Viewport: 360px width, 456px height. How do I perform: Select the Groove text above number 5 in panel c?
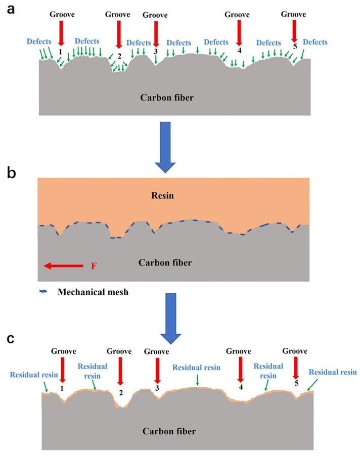pos(295,351)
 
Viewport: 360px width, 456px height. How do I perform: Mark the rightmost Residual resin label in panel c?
pos(333,372)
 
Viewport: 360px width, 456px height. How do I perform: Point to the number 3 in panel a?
pos(155,51)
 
